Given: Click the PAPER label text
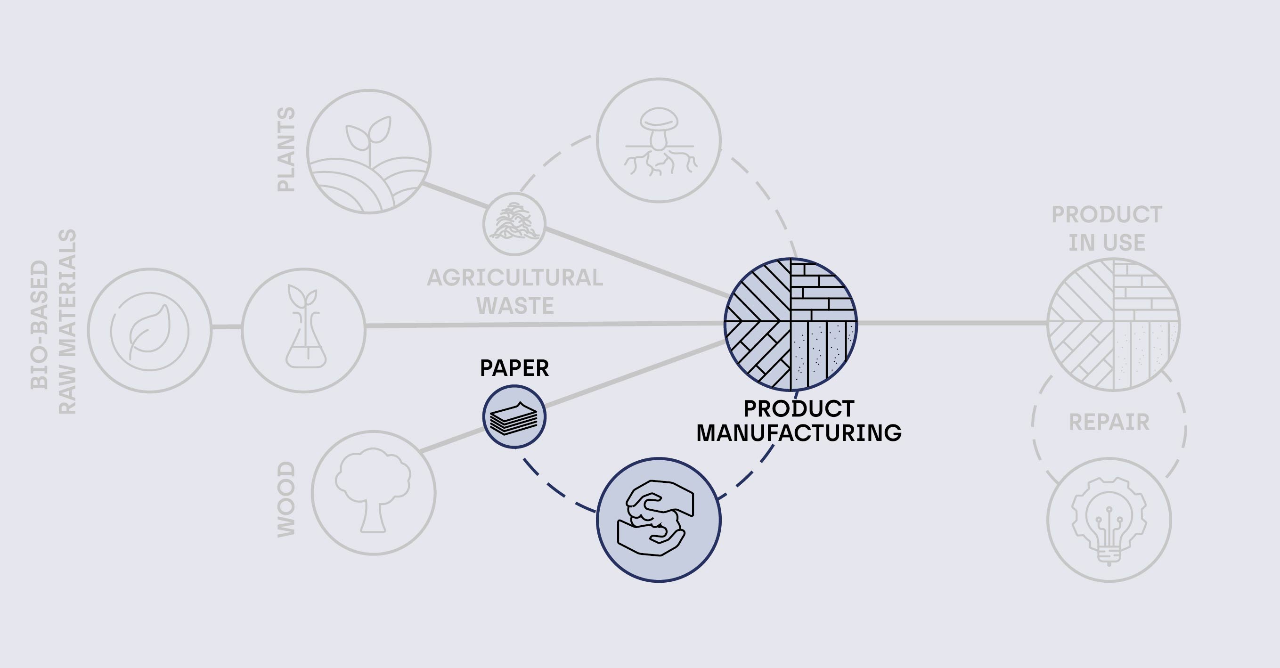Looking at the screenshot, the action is point(514,368).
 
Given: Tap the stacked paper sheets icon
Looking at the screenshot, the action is point(514,416).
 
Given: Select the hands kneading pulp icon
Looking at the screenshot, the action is point(656,518).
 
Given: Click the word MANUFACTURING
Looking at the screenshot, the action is point(799,433).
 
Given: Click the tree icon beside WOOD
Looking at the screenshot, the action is point(373,490).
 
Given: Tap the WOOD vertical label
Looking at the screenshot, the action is point(286,499).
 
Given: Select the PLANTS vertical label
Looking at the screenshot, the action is point(286,149).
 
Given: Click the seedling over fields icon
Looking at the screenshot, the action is point(369,152).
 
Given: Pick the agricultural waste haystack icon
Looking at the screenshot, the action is point(514,224).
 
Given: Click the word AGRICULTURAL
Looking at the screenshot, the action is point(515,278).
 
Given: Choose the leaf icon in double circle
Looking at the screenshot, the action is point(149,331).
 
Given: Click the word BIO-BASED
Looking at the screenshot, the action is point(39,325).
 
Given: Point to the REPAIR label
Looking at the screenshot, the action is point(1109,423).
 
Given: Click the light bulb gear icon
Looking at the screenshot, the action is point(1109,521).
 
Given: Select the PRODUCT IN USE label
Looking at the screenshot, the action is point(1107,228).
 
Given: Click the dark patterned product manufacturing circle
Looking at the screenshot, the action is point(791,324).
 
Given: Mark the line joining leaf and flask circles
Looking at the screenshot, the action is point(227,327).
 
